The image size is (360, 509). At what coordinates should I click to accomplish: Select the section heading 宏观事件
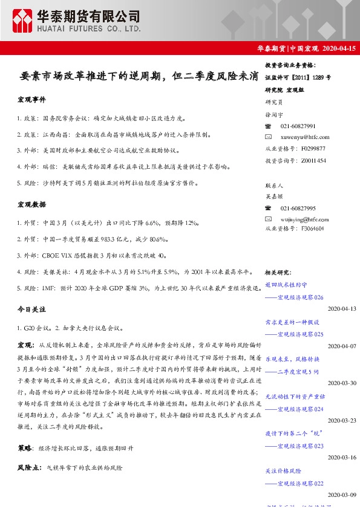click(x=32, y=99)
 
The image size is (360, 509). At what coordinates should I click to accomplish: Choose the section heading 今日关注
click(x=32, y=310)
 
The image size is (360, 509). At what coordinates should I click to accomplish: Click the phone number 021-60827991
click(x=298, y=126)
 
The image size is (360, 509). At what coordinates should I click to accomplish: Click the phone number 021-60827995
click(x=298, y=207)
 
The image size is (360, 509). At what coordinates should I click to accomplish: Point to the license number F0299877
click(x=312, y=148)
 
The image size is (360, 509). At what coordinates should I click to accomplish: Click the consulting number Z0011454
click(x=312, y=160)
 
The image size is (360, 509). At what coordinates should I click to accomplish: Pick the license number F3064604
click(x=312, y=229)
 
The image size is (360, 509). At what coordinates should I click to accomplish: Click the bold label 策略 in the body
click(x=25, y=449)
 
